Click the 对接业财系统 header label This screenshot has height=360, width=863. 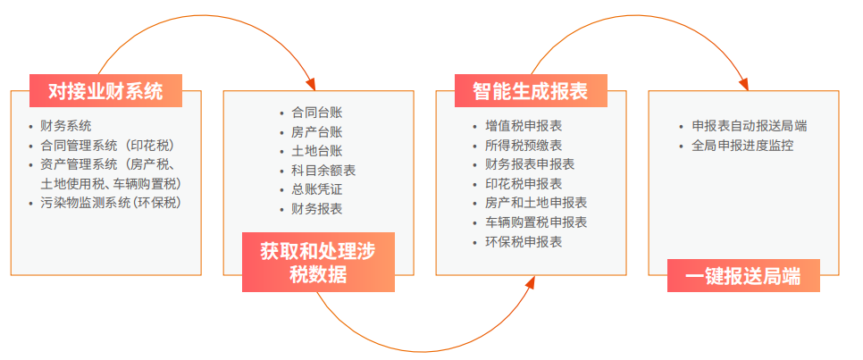pos(105,90)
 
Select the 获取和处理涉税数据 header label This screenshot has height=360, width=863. pos(317,263)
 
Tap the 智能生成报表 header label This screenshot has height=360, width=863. pos(530,90)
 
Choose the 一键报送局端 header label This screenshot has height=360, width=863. pos(742,276)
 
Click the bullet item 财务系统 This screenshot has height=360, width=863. pos(66,126)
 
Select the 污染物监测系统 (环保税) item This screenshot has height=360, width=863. pos(112,203)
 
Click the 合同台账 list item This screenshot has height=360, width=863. pos(317,113)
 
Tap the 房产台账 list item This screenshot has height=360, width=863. pos(317,132)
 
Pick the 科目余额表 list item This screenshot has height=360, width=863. pos(323,171)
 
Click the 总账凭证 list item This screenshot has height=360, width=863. pos(317,189)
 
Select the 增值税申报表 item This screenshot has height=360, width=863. pos(524,126)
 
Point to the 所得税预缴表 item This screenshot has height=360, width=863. pos(524,146)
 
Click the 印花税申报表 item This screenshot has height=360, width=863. pos(524,183)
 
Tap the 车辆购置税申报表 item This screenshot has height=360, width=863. pos(536,222)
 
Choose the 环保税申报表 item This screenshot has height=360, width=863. pos(524,241)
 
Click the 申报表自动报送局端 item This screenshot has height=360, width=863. pos(750,126)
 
